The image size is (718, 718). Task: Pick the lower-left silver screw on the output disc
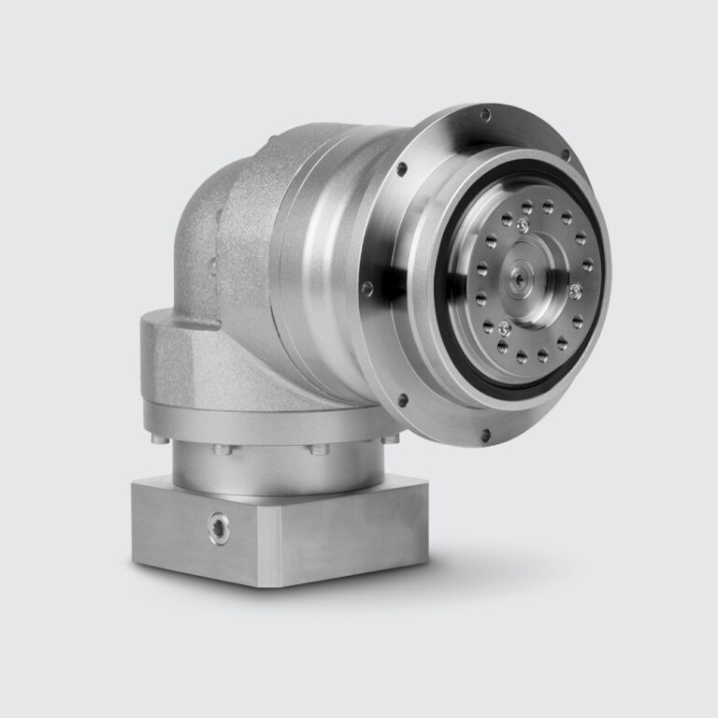[505, 326]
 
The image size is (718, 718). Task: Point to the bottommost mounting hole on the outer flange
[486, 433]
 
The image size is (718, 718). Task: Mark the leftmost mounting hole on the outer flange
[367, 286]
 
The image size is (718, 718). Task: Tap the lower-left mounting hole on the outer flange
[402, 401]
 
